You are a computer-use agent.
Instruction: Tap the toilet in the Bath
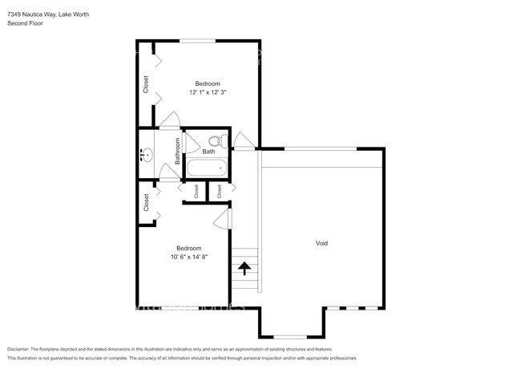[x=224, y=143]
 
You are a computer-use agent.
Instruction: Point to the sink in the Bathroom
[x=147, y=156]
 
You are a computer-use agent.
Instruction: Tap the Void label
[x=321, y=243]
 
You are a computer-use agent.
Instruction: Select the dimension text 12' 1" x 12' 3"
[x=208, y=92]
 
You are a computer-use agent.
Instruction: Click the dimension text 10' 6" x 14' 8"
[x=188, y=257]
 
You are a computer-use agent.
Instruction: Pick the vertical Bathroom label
[x=178, y=152]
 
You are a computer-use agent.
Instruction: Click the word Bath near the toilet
[x=208, y=152]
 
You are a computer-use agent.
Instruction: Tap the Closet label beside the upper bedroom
[x=146, y=84]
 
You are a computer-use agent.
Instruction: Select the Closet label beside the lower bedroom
[x=147, y=202]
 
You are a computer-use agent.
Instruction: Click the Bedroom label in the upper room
[x=208, y=83]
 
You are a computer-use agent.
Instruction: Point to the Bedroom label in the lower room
[x=188, y=248]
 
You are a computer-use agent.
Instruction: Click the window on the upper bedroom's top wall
[x=196, y=40]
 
